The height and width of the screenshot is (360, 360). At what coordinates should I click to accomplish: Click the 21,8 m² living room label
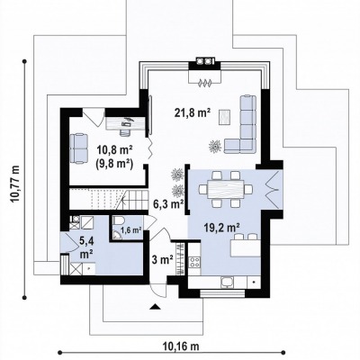(x=193, y=113)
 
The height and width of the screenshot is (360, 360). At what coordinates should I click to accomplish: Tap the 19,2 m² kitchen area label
(x=221, y=228)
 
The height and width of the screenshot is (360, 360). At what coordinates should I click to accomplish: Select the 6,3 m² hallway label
(x=168, y=204)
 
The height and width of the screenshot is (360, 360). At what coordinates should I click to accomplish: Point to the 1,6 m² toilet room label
(x=131, y=230)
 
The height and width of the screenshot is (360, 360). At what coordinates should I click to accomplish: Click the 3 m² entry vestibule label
(x=163, y=259)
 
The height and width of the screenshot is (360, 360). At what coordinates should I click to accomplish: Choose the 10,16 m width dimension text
(x=181, y=346)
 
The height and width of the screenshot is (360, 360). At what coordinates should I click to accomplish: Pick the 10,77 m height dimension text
(x=15, y=184)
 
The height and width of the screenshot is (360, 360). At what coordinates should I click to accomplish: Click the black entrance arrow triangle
(x=155, y=306)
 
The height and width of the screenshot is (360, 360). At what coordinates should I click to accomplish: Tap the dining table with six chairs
(x=226, y=189)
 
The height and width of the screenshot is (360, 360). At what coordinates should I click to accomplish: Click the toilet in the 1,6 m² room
(x=119, y=221)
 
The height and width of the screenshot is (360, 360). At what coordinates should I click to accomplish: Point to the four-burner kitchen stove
(x=194, y=262)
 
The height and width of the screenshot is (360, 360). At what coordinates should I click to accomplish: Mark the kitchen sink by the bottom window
(x=227, y=282)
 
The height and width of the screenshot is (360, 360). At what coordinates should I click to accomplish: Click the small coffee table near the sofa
(x=225, y=117)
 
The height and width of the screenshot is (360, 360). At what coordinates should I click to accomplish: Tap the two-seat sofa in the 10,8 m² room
(x=79, y=148)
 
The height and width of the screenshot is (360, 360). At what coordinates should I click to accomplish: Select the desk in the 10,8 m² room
(x=125, y=123)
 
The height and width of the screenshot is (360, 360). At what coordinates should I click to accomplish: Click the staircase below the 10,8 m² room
(x=109, y=199)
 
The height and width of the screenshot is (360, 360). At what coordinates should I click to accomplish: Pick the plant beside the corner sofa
(x=215, y=146)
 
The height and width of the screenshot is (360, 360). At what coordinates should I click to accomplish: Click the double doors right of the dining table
(x=274, y=189)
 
